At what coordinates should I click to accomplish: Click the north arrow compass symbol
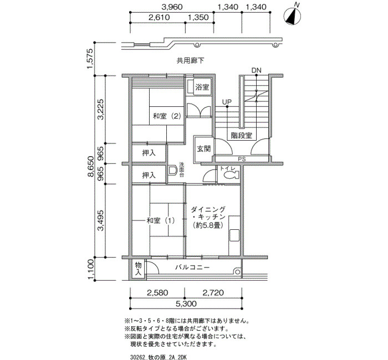(292, 16)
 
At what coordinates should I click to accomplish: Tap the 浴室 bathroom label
(202, 87)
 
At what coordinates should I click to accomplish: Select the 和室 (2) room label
(167, 116)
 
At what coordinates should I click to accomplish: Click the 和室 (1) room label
(161, 220)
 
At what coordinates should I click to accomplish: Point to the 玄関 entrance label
(203, 148)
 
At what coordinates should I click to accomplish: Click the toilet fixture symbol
(232, 175)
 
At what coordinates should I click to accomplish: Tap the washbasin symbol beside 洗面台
(172, 171)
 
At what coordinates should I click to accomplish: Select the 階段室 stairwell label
(241, 135)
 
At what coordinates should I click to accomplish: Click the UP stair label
(227, 102)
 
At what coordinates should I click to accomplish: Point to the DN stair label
(256, 70)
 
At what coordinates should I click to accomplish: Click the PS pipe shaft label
(242, 160)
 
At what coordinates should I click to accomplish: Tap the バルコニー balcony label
(192, 268)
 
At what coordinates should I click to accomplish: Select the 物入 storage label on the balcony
(138, 269)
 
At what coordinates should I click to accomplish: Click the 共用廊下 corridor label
(190, 60)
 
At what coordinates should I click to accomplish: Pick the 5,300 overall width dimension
(186, 303)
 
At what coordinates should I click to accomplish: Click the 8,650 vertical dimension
(91, 166)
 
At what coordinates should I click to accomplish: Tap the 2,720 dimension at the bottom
(213, 293)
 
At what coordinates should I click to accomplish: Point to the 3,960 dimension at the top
(172, 7)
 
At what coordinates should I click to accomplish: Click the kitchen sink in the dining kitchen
(234, 235)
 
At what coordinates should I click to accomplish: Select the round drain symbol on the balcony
(237, 272)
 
